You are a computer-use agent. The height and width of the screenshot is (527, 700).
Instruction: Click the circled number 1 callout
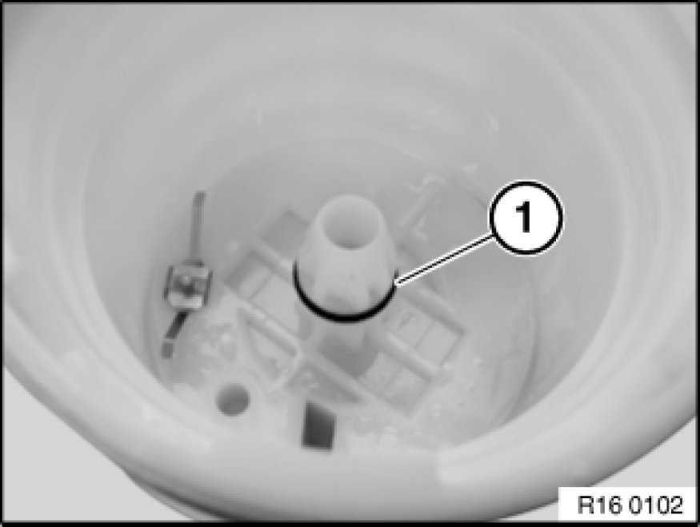[526, 218]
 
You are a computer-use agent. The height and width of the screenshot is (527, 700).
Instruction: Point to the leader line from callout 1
[444, 260]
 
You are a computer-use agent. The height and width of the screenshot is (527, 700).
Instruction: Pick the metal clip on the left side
[186, 285]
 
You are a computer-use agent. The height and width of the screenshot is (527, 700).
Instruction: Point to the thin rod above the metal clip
[198, 226]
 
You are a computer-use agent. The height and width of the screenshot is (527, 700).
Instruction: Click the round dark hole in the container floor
[232, 398]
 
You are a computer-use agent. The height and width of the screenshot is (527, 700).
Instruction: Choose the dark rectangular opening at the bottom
[318, 425]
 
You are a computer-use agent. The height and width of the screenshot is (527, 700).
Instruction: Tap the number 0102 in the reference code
[657, 505]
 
